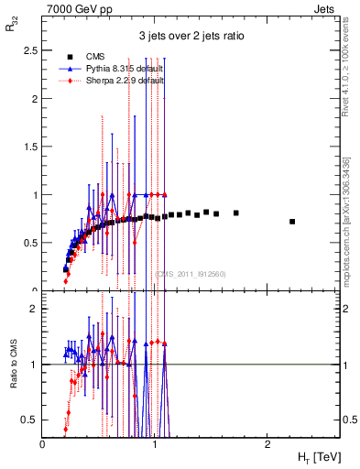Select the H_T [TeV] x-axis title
[x=317, y=457]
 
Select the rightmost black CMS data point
[x=292, y=222]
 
